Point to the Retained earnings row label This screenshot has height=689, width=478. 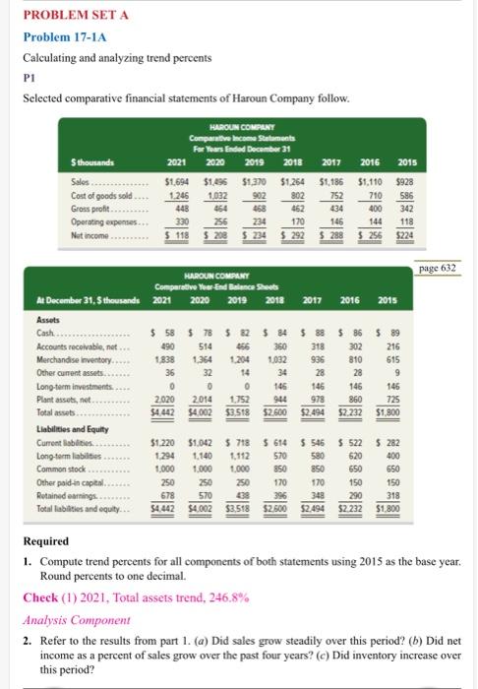coord(60,495)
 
